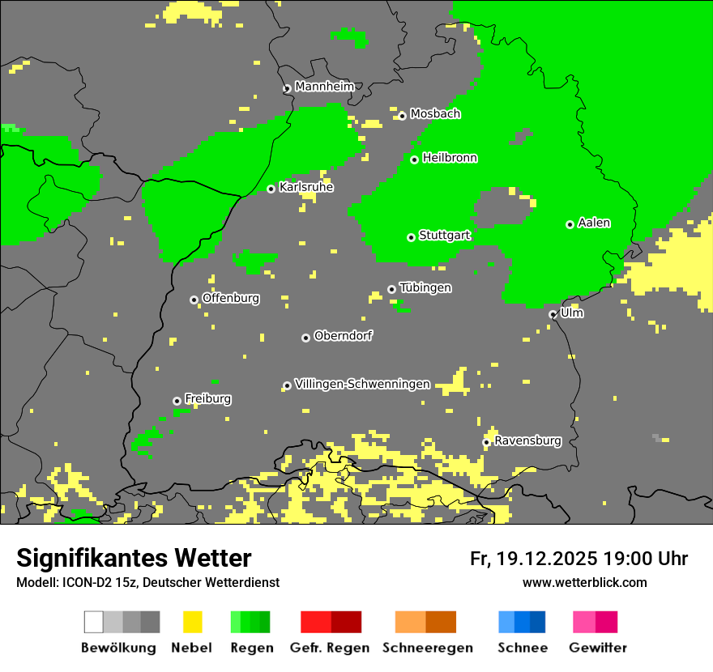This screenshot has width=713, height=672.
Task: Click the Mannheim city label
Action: click(325, 87)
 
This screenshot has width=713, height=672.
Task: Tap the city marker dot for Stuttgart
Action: click(412, 237)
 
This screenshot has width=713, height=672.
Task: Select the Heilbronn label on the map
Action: click(450, 158)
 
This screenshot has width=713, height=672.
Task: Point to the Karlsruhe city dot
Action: click(271, 189)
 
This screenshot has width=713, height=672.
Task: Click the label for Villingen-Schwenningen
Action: click(362, 384)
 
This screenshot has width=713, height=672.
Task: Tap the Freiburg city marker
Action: click(177, 401)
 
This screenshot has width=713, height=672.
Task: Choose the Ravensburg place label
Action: click(527, 440)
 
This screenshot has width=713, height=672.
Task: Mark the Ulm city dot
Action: click(553, 314)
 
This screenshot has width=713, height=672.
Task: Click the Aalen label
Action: click(594, 223)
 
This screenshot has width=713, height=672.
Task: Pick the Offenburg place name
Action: click(231, 298)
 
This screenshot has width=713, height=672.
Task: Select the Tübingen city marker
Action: click(392, 289)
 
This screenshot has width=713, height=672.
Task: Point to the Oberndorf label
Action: click(343, 335)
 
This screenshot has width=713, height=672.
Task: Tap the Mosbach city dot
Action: click(402, 116)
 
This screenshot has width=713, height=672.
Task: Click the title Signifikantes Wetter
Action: click(134, 558)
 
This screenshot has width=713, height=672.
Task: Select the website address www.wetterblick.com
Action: click(584, 582)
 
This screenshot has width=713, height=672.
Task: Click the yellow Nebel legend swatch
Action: click(192, 622)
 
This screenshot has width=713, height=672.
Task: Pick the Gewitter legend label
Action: click(598, 648)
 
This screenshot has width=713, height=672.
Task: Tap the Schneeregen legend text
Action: click(428, 648)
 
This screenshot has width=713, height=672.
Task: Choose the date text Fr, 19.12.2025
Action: click(533, 559)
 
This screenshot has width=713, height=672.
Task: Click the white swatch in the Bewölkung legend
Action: click(94, 622)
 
